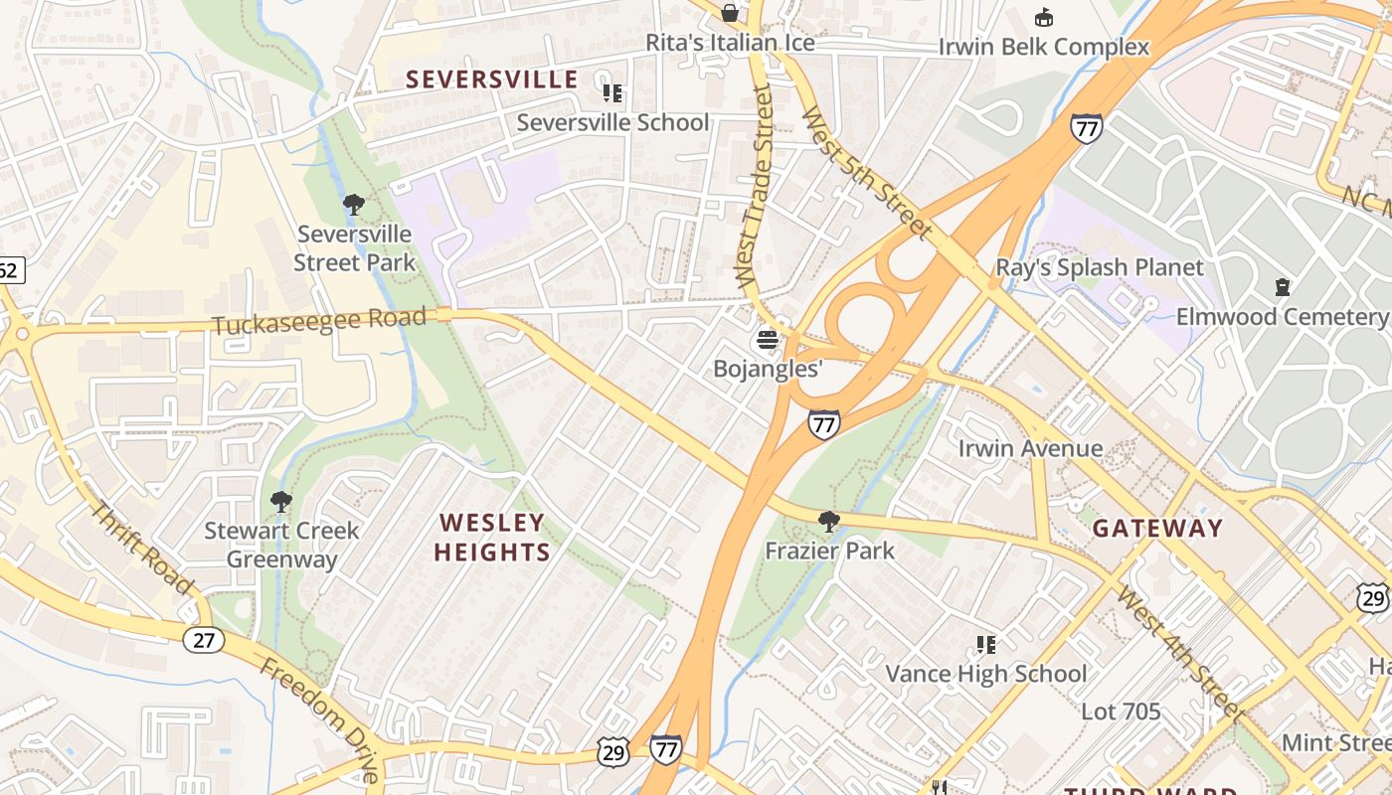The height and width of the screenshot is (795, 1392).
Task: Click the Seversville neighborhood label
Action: (x=491, y=79)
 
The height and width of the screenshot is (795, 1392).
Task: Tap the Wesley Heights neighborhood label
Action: (x=492, y=537)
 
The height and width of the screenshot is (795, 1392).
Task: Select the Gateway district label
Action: (x=1157, y=529)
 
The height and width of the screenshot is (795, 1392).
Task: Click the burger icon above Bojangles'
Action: (x=767, y=340)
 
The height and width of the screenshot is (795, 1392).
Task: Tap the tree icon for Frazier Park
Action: (x=828, y=522)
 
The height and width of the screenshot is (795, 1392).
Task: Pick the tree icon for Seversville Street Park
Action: (x=353, y=206)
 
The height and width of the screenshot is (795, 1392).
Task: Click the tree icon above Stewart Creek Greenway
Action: (x=281, y=501)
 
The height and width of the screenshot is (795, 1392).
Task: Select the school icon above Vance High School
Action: (x=985, y=645)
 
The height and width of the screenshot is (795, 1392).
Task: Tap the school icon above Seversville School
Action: (x=612, y=93)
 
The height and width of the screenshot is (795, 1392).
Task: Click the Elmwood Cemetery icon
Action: (x=1283, y=288)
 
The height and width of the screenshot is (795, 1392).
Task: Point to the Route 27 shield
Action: (x=203, y=640)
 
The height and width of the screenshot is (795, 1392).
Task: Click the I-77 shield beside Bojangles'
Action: (x=823, y=424)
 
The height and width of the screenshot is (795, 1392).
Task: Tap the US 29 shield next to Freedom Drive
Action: (x=613, y=753)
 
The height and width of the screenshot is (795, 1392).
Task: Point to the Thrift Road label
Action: (x=141, y=548)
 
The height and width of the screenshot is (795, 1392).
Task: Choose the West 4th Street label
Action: (x=1178, y=653)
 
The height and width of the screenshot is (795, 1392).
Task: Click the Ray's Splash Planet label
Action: (x=1100, y=267)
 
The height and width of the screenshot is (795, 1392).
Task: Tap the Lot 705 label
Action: (x=1121, y=712)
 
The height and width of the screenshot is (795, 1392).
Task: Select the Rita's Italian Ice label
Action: (x=730, y=43)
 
